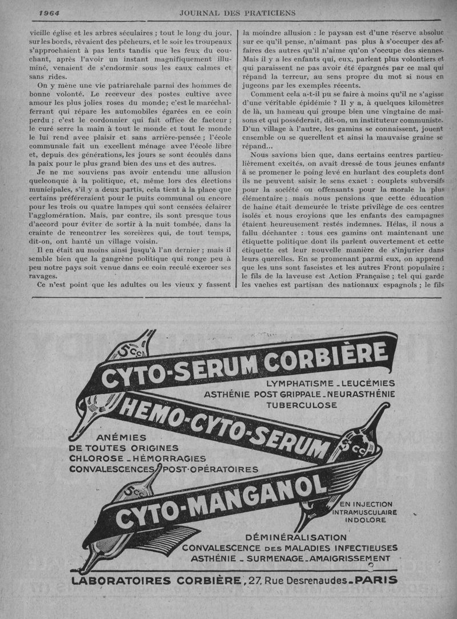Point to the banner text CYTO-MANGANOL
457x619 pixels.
point(220,500)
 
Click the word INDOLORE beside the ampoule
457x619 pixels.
point(362,521)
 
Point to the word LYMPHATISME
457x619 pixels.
point(302,383)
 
